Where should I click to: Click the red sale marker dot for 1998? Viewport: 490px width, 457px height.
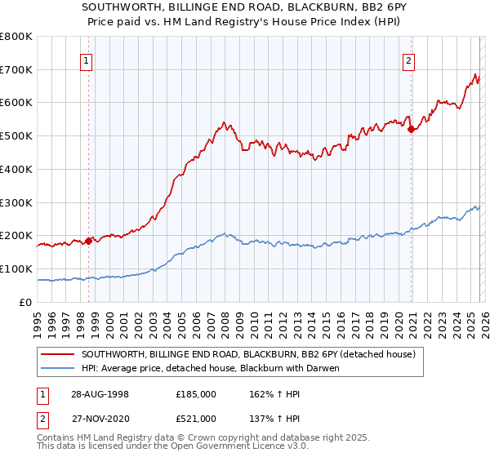tap(88, 241)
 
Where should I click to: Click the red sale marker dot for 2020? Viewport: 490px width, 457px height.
tap(411, 129)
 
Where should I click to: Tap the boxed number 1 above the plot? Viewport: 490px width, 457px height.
tap(86, 60)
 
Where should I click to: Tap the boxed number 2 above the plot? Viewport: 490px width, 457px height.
tap(408, 60)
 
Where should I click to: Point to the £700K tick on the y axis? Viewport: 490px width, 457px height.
tap(16, 69)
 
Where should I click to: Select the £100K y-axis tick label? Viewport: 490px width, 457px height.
tap(16, 268)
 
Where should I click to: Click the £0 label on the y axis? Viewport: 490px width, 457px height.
tap(24, 302)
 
